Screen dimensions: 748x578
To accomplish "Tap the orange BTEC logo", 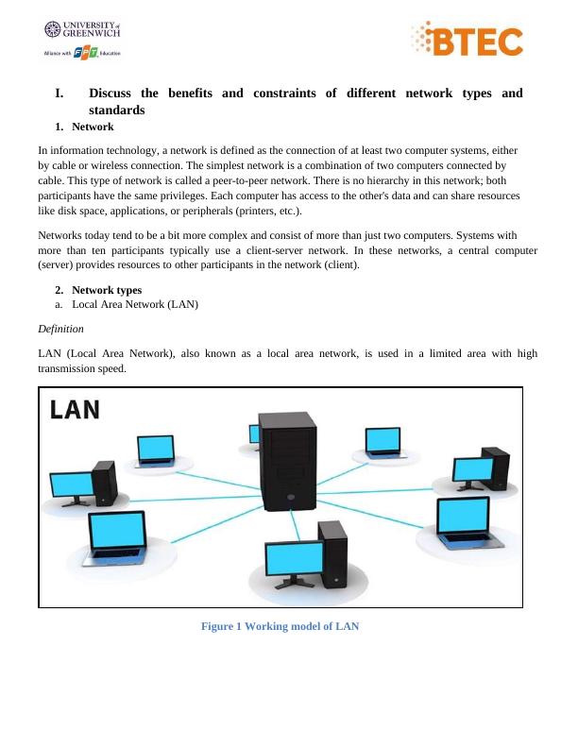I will pyautogui.click(x=467, y=41).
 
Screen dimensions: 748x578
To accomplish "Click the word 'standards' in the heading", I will pyautogui.click(x=117, y=110).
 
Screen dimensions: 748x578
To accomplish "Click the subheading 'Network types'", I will pyautogui.click(x=106, y=290).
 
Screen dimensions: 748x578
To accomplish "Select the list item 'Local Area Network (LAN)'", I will pyautogui.click(x=134, y=304).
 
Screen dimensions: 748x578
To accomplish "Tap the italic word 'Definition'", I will pyautogui.click(x=60, y=329).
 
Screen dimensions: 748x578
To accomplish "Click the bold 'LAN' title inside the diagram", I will pyautogui.click(x=75, y=410).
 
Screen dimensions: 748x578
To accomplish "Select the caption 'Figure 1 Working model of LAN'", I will pyautogui.click(x=280, y=626).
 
